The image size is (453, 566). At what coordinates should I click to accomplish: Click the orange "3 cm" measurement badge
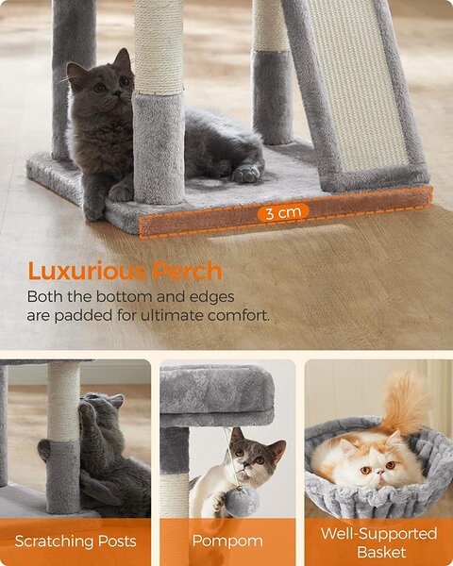[283, 212]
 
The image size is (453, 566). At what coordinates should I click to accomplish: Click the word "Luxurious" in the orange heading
[87, 271]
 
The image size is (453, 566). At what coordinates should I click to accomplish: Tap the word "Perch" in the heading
[187, 271]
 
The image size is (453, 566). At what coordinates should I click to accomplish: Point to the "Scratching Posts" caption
[75, 541]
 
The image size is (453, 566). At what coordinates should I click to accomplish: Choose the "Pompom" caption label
[227, 541]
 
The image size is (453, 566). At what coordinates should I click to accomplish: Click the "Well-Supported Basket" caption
[379, 542]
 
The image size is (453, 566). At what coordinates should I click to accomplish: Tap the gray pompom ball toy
[242, 503]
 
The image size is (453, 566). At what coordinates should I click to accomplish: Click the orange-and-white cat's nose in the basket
[379, 472]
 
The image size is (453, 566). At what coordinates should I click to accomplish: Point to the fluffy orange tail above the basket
[405, 403]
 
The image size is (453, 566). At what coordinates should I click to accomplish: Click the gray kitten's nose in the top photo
[116, 93]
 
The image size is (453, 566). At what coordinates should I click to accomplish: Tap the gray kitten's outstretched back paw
[246, 175]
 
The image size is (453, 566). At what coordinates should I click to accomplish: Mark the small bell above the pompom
[239, 489]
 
